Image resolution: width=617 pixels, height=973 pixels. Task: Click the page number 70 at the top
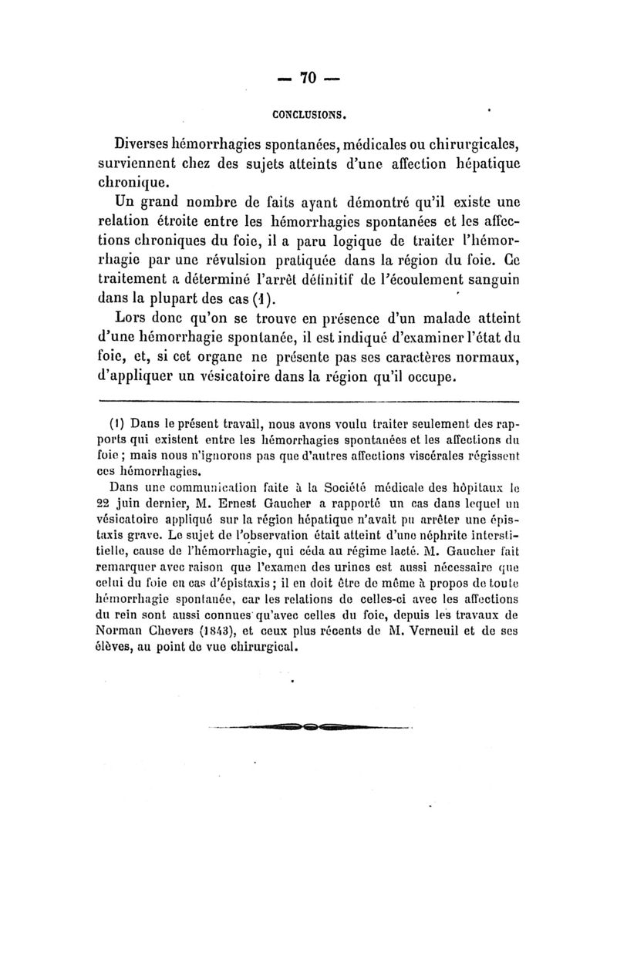click(308, 79)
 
